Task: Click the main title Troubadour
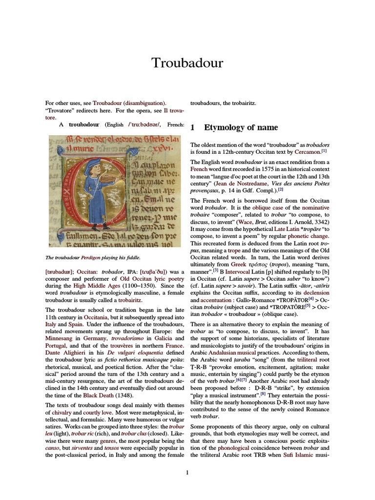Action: (x=187, y=63)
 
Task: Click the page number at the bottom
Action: (x=187, y=472)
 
